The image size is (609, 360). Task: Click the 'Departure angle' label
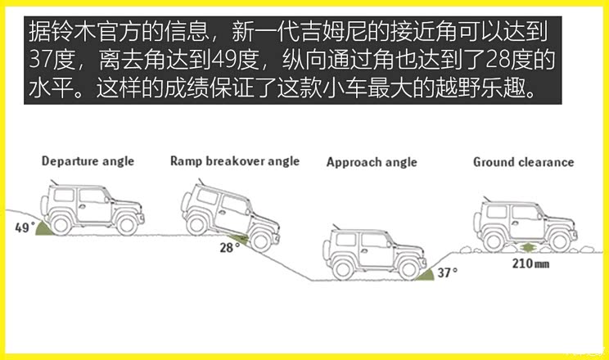88,161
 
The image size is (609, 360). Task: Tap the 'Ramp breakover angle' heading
235,161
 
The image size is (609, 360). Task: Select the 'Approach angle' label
372,162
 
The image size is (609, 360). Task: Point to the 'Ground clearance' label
523,162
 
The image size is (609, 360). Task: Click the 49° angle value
23,228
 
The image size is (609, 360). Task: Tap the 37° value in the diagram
447,272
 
